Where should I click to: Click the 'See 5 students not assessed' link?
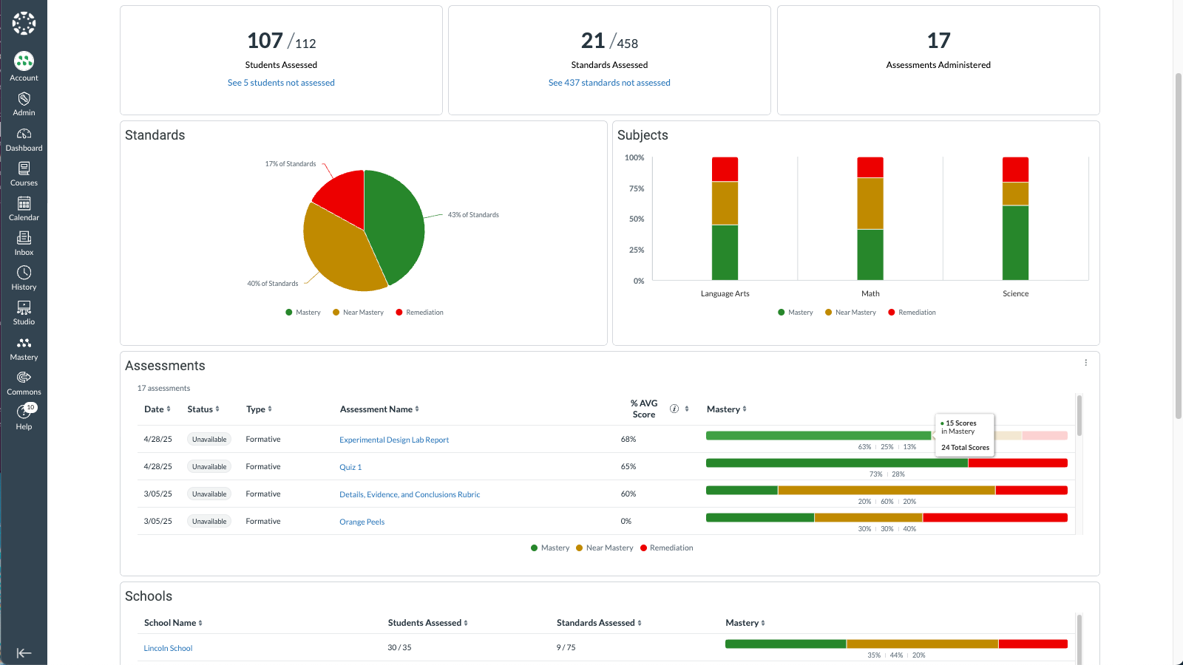pyautogui.click(x=281, y=83)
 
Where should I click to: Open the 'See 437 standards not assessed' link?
pyautogui.click(x=609, y=83)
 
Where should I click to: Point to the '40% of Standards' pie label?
pyautogui.click(x=273, y=284)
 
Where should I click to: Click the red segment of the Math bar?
pyautogui.click(x=870, y=167)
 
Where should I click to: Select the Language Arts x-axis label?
pyautogui.click(x=725, y=294)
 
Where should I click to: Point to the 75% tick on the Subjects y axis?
pyautogui.click(x=637, y=189)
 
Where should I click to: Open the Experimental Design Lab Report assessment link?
pyautogui.click(x=394, y=440)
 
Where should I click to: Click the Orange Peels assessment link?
pyautogui.click(x=362, y=522)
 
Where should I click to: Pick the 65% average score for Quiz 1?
pyautogui.click(x=628, y=467)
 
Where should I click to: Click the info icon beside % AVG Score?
pyautogui.click(x=674, y=409)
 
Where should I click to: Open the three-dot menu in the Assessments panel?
pyautogui.click(x=1085, y=363)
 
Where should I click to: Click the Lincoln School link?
pyautogui.click(x=168, y=649)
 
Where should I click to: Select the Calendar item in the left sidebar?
pyautogui.click(x=24, y=208)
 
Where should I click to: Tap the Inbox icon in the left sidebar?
pyautogui.click(x=24, y=238)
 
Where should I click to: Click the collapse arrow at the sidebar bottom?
pyautogui.click(x=24, y=653)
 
